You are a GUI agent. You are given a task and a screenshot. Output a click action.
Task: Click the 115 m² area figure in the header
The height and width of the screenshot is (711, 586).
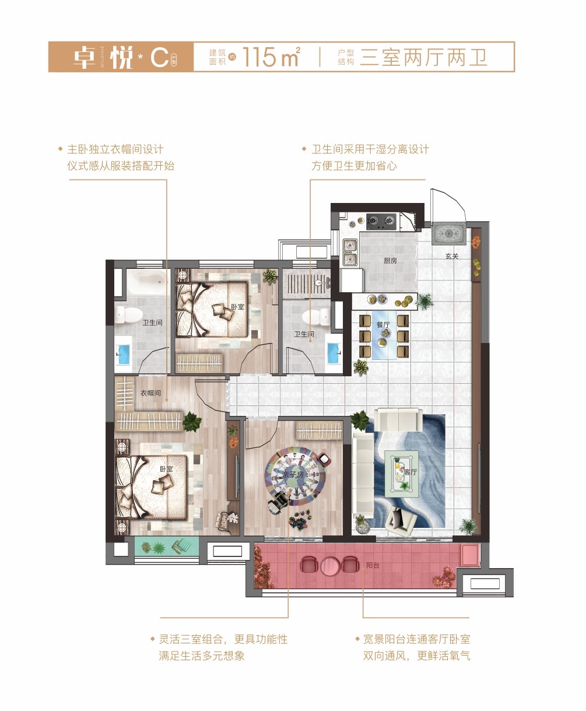coord(271,57)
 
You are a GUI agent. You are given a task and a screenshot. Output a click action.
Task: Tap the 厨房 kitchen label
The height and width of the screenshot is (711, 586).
coord(390,261)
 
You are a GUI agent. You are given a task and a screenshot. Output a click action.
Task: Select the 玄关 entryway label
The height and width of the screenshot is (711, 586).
coord(451,256)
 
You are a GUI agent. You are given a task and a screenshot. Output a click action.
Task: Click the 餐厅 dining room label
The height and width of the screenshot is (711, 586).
coord(383,325)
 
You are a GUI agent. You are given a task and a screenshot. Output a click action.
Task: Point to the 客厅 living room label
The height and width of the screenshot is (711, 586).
coord(410,472)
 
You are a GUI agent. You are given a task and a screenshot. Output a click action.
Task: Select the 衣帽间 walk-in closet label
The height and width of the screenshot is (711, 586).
coord(150,393)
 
